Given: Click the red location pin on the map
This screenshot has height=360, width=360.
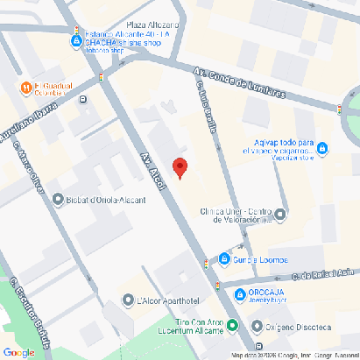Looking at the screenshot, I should tap(179, 168).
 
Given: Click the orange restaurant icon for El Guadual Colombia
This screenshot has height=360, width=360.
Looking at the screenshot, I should tap(25, 87).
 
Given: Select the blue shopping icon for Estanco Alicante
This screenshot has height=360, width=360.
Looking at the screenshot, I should tap(76, 40).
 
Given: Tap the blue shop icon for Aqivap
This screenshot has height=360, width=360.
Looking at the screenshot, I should tap(322, 148).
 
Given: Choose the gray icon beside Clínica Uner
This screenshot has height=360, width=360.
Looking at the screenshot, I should tap(279, 214).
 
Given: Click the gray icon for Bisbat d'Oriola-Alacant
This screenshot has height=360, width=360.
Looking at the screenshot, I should tap(58, 199).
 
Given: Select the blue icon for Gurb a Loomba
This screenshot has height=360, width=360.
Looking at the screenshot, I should tap(225, 259).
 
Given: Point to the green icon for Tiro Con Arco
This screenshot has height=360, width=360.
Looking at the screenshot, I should tap(232, 323).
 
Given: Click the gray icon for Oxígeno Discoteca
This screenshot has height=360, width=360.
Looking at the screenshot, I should tap(256, 327).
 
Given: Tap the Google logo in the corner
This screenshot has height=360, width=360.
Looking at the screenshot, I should tap(19, 351).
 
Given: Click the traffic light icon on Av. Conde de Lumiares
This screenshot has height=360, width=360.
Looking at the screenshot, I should tap(339, 109).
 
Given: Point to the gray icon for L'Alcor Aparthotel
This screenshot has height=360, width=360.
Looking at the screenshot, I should tap(129, 300).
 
